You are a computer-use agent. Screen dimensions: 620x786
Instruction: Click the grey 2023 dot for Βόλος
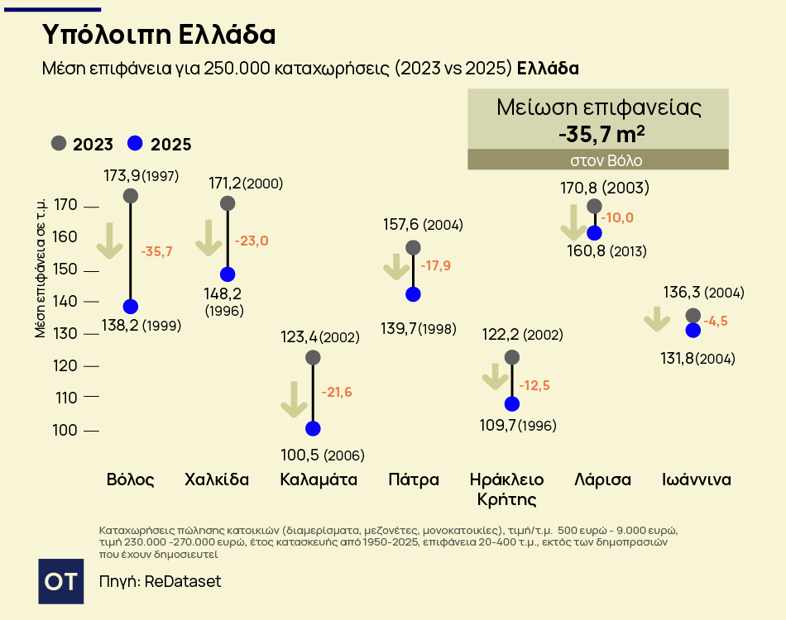130,196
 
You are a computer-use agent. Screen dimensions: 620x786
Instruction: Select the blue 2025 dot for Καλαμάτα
313,428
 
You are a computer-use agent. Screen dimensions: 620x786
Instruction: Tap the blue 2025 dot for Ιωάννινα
693,330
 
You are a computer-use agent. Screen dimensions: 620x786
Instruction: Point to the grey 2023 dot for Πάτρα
413,247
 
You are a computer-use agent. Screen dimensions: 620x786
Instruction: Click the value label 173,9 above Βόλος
122,175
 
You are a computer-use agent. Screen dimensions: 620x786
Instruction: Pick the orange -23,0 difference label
252,241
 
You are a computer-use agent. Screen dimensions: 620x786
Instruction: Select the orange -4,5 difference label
716,322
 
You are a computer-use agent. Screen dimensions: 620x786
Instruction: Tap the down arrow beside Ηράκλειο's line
495,377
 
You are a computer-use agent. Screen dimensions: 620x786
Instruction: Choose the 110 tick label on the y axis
66,398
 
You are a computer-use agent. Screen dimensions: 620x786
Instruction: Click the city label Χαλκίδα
217,479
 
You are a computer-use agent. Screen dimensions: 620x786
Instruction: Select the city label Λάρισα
603,479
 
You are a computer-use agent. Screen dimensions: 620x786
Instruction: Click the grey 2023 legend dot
58,143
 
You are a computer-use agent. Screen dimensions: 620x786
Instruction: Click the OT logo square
61,581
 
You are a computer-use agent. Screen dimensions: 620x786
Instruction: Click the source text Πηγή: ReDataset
160,581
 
